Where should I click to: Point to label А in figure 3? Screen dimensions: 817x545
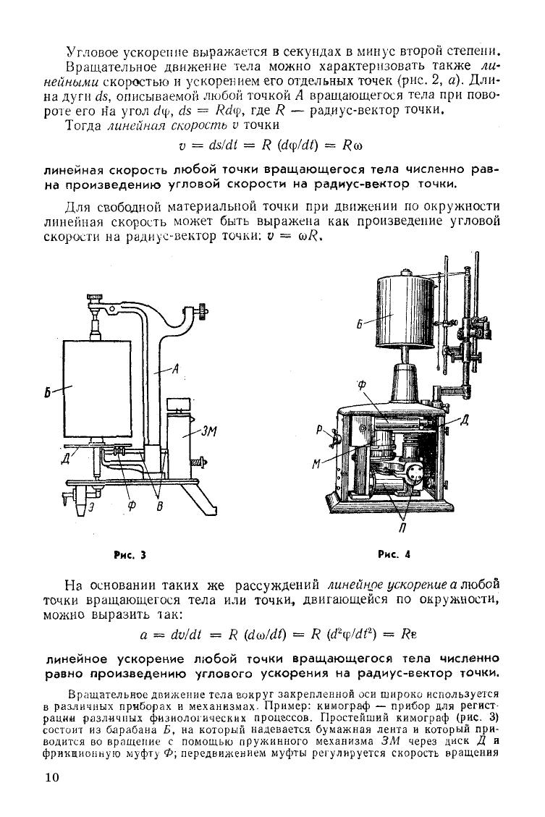[x=176, y=369]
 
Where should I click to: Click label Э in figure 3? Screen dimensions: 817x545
[x=91, y=507]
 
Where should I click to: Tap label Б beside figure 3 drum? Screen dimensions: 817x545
[x=47, y=393]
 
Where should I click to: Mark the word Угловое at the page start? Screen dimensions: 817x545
[x=92, y=51]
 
